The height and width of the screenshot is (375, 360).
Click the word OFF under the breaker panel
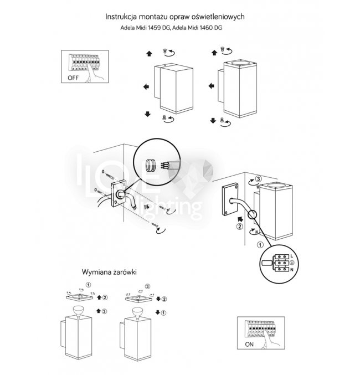coord(73,79)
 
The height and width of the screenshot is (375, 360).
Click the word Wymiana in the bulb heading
coord(96,273)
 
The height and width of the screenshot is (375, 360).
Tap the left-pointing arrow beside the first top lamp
coord(146,86)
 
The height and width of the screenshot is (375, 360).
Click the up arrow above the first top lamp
coord(148,54)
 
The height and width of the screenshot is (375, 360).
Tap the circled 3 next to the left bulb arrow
coord(104,312)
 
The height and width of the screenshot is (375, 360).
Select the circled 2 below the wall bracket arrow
coord(239,226)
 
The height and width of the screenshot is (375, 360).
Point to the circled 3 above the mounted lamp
coord(258,180)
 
